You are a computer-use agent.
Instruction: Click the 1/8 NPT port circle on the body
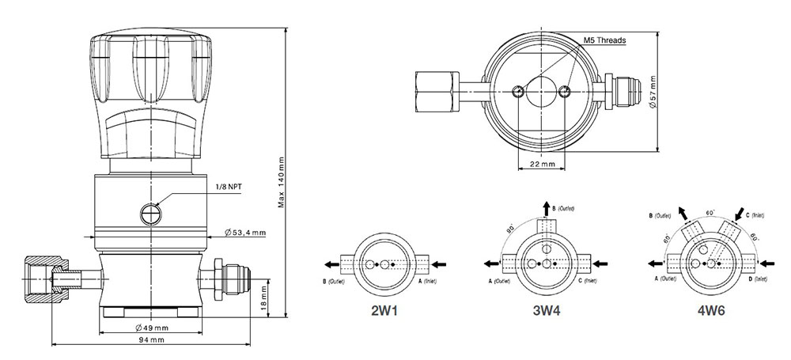point(149,211)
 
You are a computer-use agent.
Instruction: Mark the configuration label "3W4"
point(546,311)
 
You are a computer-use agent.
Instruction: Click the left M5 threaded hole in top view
point(517,92)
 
